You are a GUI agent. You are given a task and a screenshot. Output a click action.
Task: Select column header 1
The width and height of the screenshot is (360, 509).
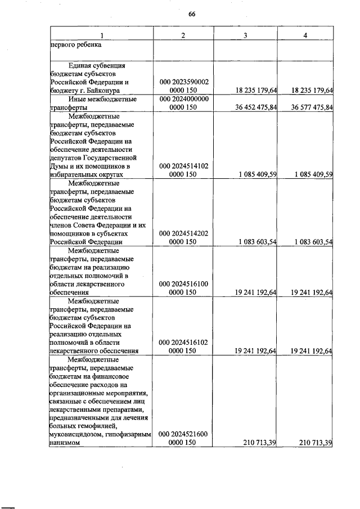[101, 36]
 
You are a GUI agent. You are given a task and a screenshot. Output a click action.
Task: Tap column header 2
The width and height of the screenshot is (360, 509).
[184, 36]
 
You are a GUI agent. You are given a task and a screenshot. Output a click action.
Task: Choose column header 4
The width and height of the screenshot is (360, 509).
[305, 36]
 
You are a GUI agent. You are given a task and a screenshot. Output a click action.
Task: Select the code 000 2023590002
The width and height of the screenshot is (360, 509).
[184, 82]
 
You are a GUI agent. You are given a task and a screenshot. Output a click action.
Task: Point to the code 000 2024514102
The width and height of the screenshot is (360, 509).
[184, 166]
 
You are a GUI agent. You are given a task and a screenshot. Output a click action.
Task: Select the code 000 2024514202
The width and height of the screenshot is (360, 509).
[184, 233]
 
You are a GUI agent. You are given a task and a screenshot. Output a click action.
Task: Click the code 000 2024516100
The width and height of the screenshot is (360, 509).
[184, 284]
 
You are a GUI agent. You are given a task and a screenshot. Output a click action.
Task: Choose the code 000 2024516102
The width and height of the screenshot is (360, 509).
[184, 342]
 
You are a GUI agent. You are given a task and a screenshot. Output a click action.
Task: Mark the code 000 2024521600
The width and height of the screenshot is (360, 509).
[184, 434]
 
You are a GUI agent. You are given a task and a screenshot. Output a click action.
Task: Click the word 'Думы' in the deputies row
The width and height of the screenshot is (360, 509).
[58, 166]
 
